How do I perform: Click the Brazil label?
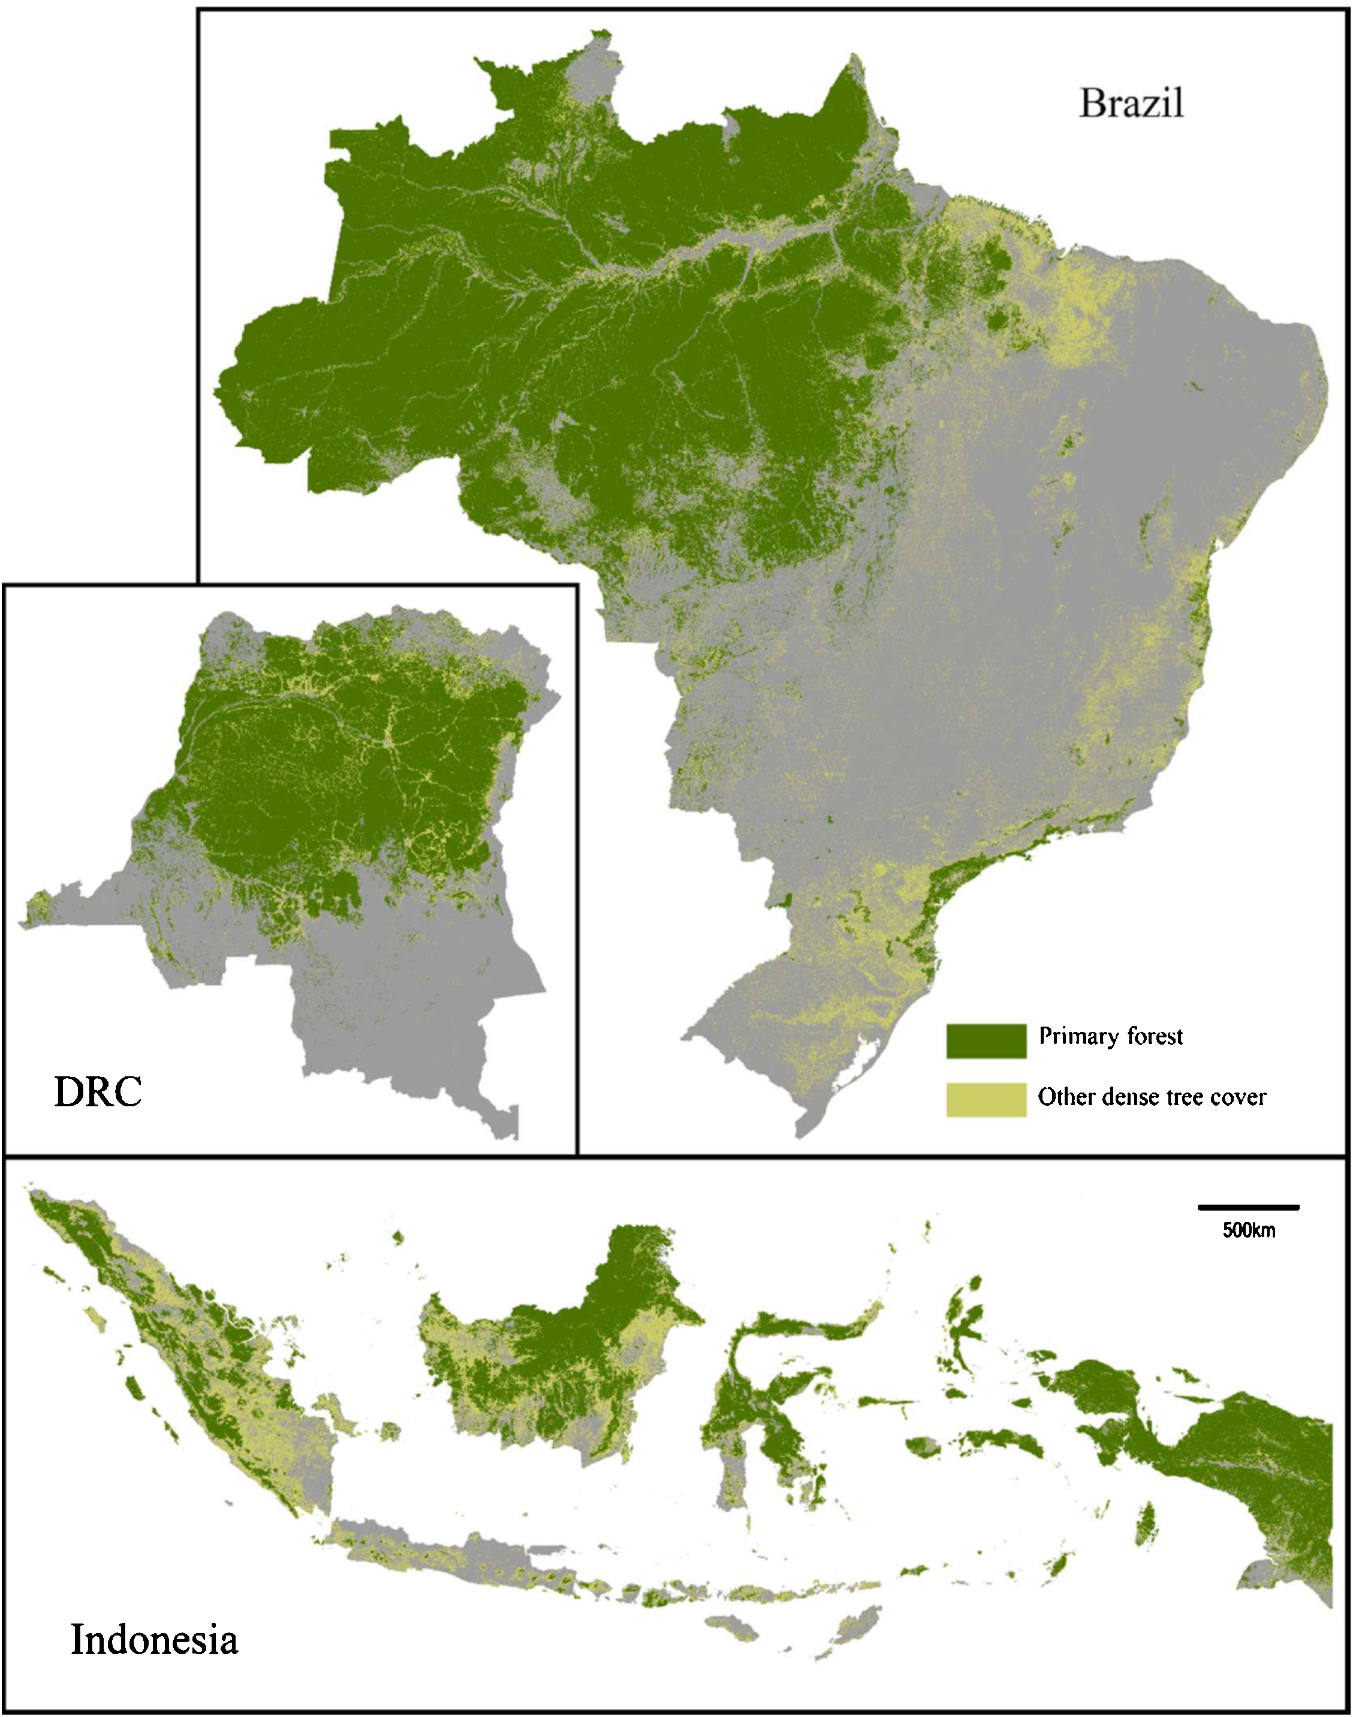coord(1131,104)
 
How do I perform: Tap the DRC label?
coord(98,1093)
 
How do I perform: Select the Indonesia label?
coord(155,1638)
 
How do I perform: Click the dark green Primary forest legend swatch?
coord(986,1040)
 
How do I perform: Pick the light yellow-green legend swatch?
coord(986,1099)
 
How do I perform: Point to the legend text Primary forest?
coord(1111,1037)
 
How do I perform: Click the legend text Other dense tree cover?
coord(1152,1097)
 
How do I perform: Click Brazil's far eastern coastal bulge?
coord(1299,357)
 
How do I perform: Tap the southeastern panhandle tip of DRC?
coord(507,1125)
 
